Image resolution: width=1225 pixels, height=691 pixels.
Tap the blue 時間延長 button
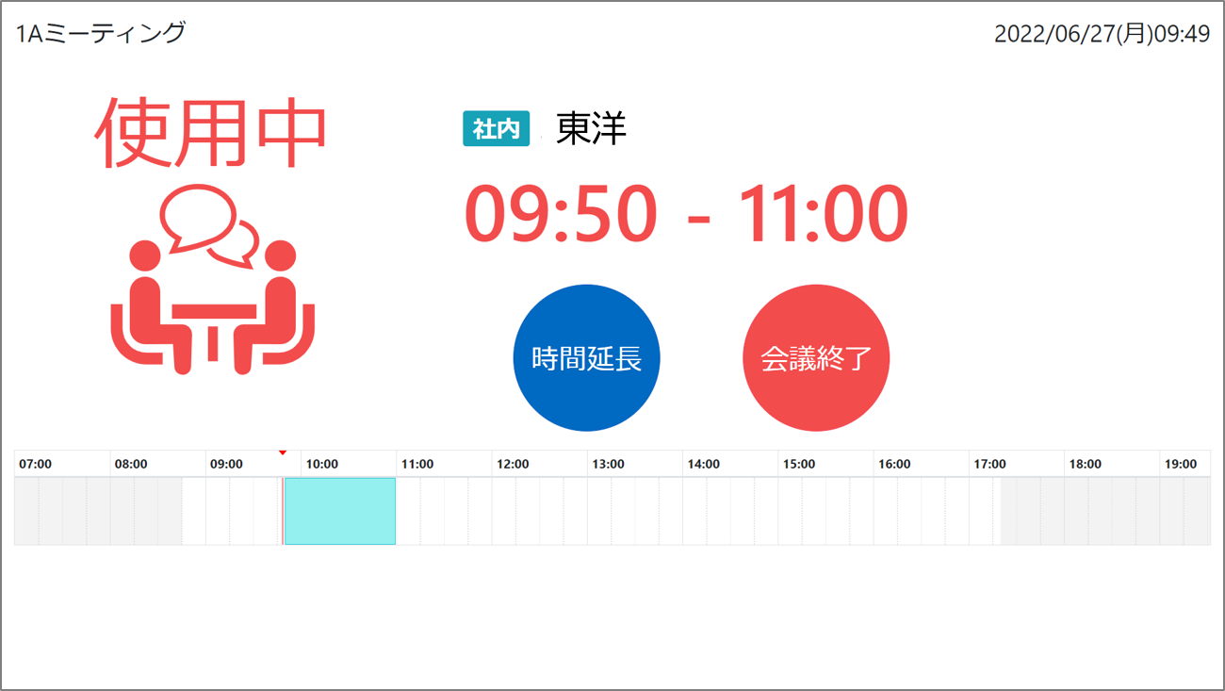coord(586,358)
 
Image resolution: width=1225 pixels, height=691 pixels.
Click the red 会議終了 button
coord(816,358)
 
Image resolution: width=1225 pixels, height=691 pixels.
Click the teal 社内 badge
coord(496,128)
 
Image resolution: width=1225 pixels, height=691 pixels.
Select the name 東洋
coord(591,128)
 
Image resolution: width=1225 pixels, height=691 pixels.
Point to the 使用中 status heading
coord(211,132)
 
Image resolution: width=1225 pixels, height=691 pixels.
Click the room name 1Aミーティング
coord(101,33)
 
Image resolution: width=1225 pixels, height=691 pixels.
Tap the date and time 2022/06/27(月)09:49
coord(1102,34)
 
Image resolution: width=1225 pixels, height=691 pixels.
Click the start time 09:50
coord(561,213)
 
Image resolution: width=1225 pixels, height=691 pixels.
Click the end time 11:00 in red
coord(823,213)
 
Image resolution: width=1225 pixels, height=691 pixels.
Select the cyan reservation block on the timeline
coord(340,511)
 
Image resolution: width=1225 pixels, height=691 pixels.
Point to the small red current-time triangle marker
coord(282,452)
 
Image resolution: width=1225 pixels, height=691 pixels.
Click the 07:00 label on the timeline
coord(35,464)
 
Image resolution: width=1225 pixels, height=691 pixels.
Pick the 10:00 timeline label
coord(321,464)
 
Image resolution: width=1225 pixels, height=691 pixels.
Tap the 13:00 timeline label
coord(608,464)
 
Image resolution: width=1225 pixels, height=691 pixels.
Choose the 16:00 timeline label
coord(894,464)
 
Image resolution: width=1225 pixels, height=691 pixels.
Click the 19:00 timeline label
coord(1181,464)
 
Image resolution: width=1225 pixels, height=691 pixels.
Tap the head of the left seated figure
coord(145,255)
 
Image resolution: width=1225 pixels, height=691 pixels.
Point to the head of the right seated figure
coord(280,255)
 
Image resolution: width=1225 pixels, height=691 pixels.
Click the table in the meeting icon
coord(214,312)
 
